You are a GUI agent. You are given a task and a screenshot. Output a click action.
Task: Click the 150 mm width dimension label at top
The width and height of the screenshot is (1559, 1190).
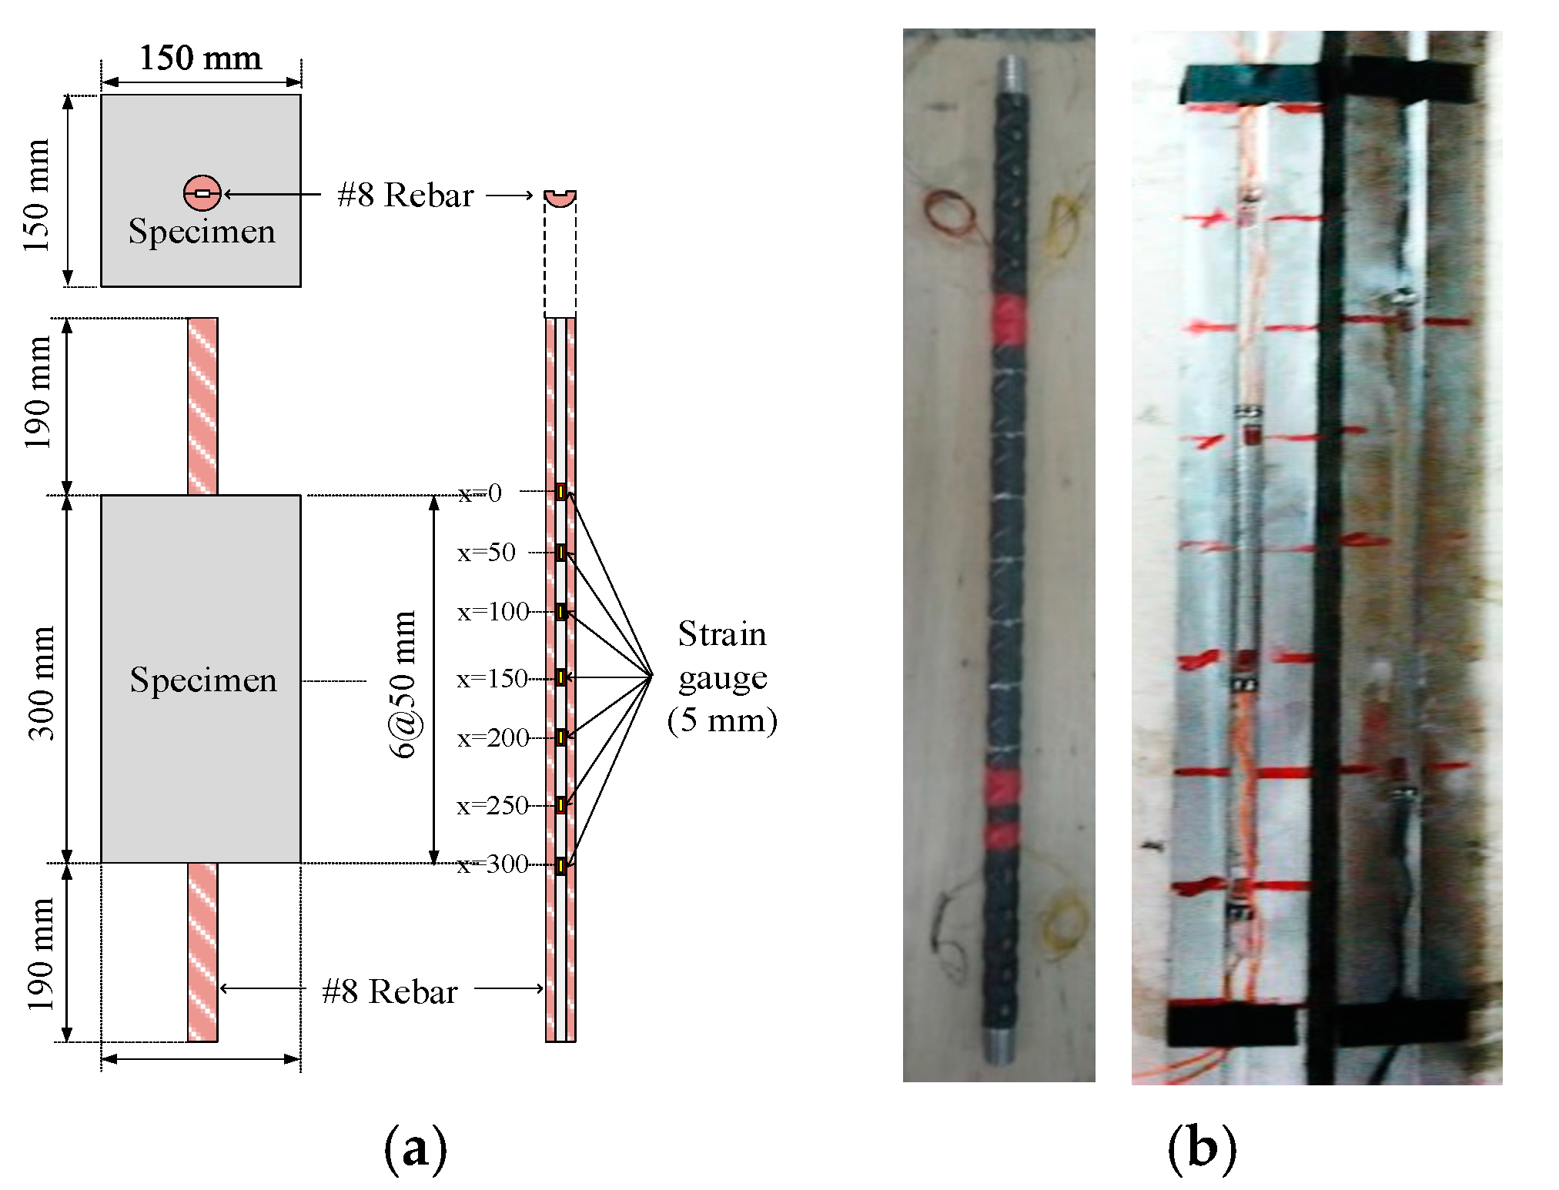click(x=200, y=58)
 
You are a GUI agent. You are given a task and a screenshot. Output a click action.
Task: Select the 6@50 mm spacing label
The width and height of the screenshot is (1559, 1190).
click(x=403, y=684)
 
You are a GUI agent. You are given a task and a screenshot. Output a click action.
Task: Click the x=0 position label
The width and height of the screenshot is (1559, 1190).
click(x=480, y=493)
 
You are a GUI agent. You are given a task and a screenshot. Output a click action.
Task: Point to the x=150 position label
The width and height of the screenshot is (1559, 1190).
click(x=492, y=678)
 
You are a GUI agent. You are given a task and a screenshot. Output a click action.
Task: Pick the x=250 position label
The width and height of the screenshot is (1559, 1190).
click(x=492, y=805)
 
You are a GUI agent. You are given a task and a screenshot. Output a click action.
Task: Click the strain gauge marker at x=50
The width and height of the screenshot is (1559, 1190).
click(x=561, y=552)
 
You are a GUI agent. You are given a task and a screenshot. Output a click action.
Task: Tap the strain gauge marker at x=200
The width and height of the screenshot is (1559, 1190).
click(x=561, y=737)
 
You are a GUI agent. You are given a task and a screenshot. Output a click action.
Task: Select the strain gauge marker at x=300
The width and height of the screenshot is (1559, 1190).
click(x=561, y=866)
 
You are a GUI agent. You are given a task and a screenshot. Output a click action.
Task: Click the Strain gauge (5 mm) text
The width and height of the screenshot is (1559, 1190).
click(x=722, y=677)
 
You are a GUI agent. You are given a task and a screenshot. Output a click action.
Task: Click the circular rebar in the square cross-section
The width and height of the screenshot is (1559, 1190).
click(x=202, y=193)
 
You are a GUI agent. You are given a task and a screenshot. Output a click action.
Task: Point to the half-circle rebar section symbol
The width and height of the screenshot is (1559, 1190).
click(x=560, y=198)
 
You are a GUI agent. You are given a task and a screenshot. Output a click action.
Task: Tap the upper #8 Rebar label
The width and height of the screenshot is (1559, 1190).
click(x=405, y=196)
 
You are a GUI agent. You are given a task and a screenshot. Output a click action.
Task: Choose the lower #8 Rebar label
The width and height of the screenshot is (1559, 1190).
click(x=390, y=991)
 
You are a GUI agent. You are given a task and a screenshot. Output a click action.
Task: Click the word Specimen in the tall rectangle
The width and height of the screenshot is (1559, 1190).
click(x=203, y=680)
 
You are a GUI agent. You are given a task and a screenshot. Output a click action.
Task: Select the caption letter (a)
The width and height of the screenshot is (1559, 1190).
click(x=415, y=1148)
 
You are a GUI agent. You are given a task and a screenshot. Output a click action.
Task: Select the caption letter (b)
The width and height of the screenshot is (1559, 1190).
click(x=1202, y=1148)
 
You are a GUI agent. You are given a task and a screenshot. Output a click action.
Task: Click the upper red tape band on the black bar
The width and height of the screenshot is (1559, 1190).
click(x=1009, y=321)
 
